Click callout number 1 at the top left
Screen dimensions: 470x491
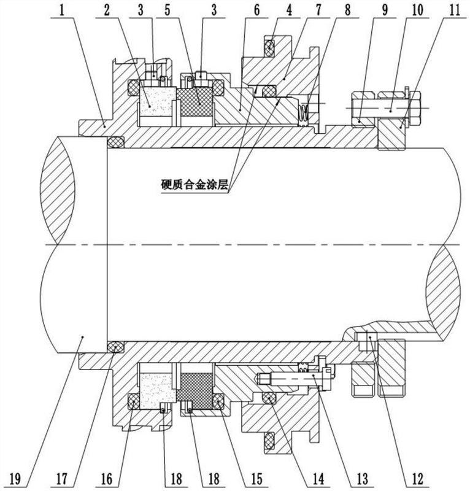pos(62,10)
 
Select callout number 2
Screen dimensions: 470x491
pos(107,10)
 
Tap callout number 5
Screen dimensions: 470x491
pos(168,10)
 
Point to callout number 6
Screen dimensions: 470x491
pos(256,10)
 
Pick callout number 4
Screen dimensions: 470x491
pos(289,10)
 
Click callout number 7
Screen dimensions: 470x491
pos(318,10)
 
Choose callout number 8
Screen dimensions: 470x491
pos(347,10)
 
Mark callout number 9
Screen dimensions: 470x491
pos(385,10)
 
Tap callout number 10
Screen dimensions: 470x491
pos(417,10)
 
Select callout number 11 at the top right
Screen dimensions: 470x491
pos(455,10)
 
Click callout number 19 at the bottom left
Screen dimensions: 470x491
pos(15,479)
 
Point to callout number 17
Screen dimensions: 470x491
pos(62,479)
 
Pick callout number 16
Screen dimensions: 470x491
pos(107,479)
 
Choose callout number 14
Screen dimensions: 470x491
pos(318,479)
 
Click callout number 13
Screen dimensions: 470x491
pos(361,479)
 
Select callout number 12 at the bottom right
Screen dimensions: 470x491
pos(418,479)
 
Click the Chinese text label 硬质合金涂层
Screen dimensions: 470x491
pos(194,185)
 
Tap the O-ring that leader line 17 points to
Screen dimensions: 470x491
pos(115,347)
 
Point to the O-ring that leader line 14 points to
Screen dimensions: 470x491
pos(269,398)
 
